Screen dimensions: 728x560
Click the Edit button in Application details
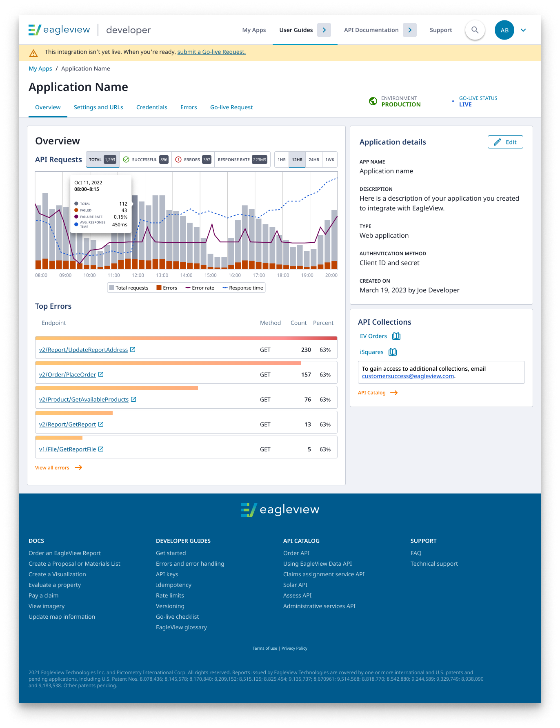(x=505, y=142)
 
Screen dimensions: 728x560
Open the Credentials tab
(x=151, y=107)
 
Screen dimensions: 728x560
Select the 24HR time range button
(x=313, y=160)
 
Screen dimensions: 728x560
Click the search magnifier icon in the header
(x=475, y=30)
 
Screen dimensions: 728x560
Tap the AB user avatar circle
(x=504, y=30)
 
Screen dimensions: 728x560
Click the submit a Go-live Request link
(x=211, y=52)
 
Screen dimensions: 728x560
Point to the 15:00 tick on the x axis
(x=210, y=275)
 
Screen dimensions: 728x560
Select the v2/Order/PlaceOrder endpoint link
(x=67, y=375)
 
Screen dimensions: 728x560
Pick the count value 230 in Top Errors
(x=306, y=350)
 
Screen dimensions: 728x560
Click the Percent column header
(x=323, y=323)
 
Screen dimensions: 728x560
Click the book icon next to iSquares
(x=393, y=352)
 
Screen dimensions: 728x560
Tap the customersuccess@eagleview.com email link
(x=408, y=376)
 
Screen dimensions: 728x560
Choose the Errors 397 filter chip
(x=193, y=160)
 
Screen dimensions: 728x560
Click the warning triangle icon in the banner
(x=33, y=53)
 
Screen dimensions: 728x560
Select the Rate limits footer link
(x=170, y=595)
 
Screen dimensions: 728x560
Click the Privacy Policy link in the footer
(x=294, y=648)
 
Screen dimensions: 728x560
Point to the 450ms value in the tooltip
(x=120, y=225)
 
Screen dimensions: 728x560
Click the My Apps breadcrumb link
(x=40, y=69)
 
